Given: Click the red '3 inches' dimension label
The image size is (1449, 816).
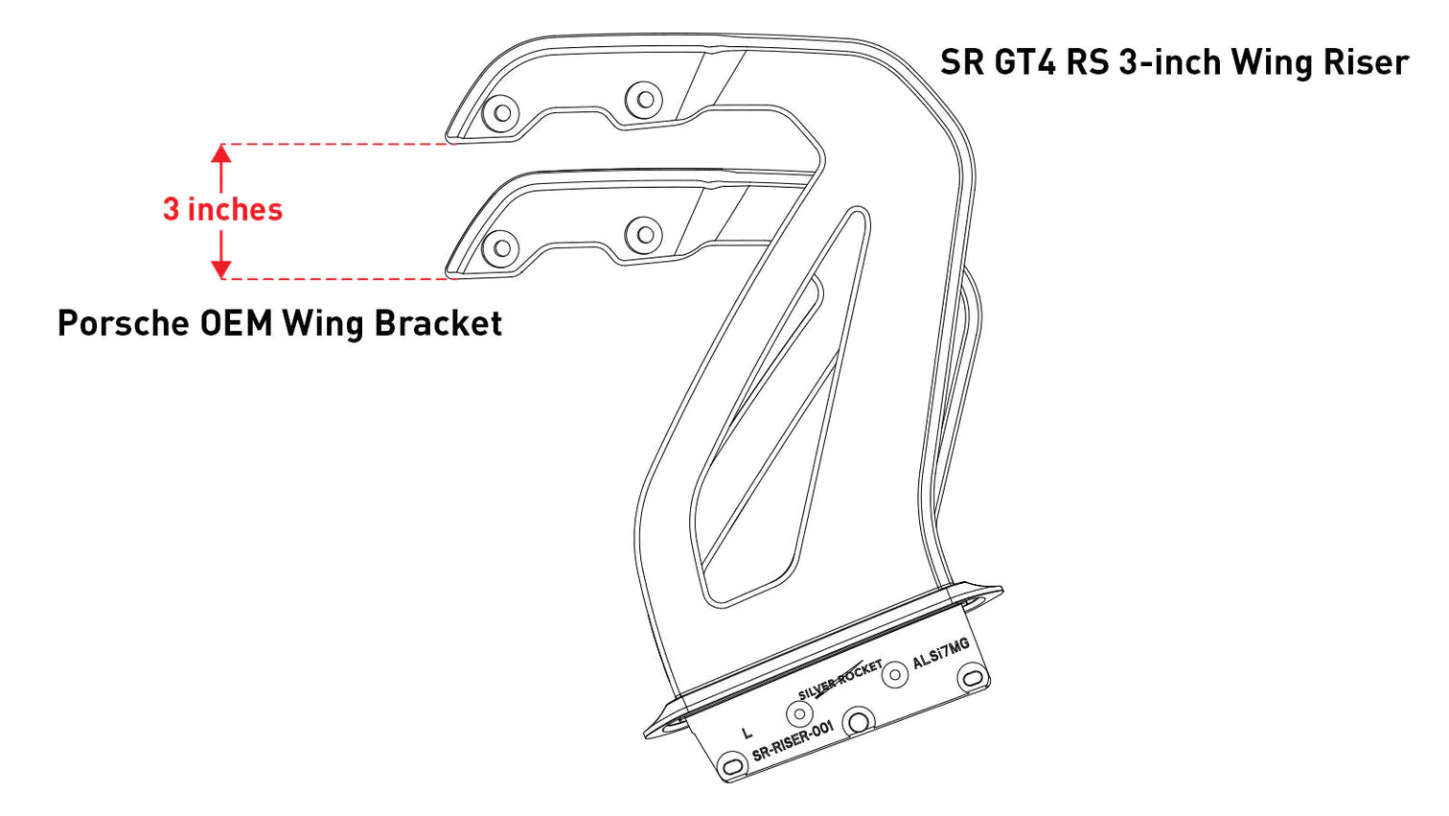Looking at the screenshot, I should [222, 209].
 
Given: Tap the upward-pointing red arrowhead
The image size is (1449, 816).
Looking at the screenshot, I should [221, 152].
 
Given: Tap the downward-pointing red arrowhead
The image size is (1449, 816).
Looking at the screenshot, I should [221, 269].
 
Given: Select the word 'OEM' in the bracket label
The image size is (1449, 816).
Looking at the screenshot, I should [236, 323].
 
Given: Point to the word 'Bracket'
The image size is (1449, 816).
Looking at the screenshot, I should [438, 323].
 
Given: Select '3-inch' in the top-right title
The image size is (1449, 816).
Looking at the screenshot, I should [1169, 62].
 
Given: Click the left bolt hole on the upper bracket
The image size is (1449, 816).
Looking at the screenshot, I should [500, 113].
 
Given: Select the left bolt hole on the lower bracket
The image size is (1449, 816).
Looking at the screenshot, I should [500, 249].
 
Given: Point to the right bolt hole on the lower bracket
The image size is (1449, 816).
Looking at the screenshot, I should [644, 234].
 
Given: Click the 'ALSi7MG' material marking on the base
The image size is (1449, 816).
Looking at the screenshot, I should [940, 654].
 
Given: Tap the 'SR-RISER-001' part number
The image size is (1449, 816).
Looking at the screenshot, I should [793, 741].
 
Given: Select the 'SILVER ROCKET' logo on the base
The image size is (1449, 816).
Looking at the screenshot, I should [839, 679].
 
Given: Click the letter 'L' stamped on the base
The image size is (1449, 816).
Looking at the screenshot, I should [747, 734].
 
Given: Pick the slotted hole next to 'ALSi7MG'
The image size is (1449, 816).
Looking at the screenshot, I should [973, 678].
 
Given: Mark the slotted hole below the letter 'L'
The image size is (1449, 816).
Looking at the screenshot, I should [732, 765].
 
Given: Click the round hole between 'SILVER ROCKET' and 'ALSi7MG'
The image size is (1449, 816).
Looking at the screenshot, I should [895, 674].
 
